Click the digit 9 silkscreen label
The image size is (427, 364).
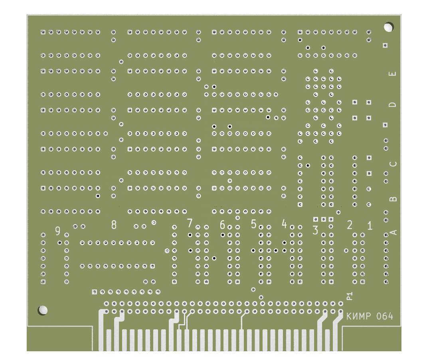(x=58, y=231)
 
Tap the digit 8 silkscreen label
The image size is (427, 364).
(x=114, y=225)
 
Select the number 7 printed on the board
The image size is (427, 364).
(x=190, y=223)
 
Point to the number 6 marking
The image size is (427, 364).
(x=222, y=225)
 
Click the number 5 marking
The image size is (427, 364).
(x=253, y=224)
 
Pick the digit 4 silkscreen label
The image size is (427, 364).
(x=284, y=224)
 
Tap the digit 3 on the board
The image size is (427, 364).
(x=315, y=230)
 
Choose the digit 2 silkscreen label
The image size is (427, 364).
(x=350, y=225)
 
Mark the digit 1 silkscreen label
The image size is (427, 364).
(x=370, y=226)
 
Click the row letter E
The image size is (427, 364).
(x=393, y=73)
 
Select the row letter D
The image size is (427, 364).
(x=393, y=104)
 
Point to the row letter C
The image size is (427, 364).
(x=393, y=164)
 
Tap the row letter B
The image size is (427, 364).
(x=393, y=198)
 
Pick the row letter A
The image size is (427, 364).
(x=393, y=232)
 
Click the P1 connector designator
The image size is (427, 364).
(x=350, y=295)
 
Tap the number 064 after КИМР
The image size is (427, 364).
(x=385, y=317)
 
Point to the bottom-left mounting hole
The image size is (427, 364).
(x=43, y=310)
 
